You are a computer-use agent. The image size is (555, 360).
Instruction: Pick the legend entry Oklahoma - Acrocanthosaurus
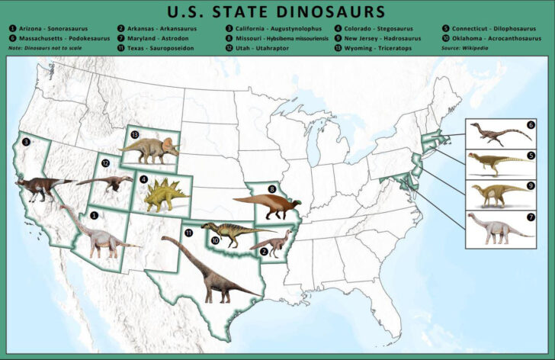489,38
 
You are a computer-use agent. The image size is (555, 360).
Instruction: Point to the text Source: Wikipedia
464,48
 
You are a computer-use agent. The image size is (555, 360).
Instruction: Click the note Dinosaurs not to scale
43,48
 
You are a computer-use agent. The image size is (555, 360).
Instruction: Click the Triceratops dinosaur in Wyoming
152,149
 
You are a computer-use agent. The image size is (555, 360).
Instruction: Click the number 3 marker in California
26,142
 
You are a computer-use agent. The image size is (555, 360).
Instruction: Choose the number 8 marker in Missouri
271,188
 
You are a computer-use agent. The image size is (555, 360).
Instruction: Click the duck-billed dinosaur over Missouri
267,204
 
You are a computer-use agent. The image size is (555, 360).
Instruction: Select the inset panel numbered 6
500,133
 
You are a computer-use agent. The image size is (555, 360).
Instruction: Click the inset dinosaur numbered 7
496,228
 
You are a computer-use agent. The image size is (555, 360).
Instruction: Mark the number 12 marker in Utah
106,162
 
